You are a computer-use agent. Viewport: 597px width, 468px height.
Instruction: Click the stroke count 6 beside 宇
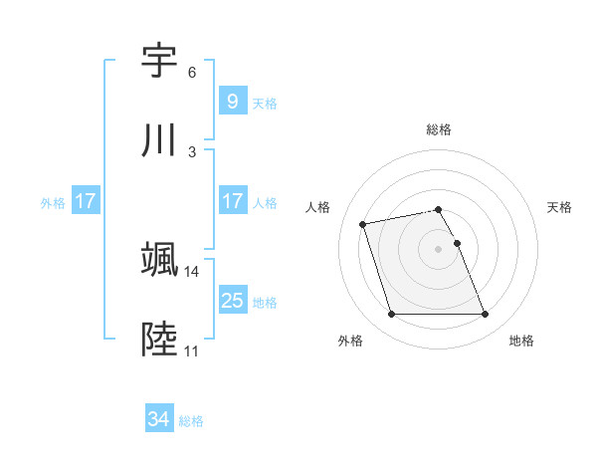point(192,73)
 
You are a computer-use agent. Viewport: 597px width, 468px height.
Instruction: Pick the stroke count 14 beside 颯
point(192,271)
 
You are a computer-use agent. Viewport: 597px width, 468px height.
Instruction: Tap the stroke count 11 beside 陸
point(192,351)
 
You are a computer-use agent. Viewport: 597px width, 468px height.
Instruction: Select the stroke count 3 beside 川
point(192,152)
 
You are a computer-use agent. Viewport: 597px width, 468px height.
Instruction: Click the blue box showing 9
point(232,102)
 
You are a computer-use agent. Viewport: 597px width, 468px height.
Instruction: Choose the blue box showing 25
point(232,301)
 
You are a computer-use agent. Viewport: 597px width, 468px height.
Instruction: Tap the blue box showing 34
point(159,419)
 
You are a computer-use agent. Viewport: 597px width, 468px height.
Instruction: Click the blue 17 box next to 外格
point(86,201)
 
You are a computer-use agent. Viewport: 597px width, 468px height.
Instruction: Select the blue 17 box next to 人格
point(232,201)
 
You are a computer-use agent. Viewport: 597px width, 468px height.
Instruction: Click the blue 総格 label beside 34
point(191,421)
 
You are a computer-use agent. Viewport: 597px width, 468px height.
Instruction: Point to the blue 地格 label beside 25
point(265,302)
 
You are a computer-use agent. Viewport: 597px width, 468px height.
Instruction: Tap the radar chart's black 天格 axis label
point(560,207)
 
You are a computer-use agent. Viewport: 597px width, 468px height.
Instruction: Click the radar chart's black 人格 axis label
point(319,207)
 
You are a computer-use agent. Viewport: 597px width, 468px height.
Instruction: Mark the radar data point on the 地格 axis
point(485,315)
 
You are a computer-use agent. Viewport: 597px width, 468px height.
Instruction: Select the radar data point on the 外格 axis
point(391,315)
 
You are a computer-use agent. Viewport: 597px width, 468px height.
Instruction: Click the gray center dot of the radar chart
point(438,248)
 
